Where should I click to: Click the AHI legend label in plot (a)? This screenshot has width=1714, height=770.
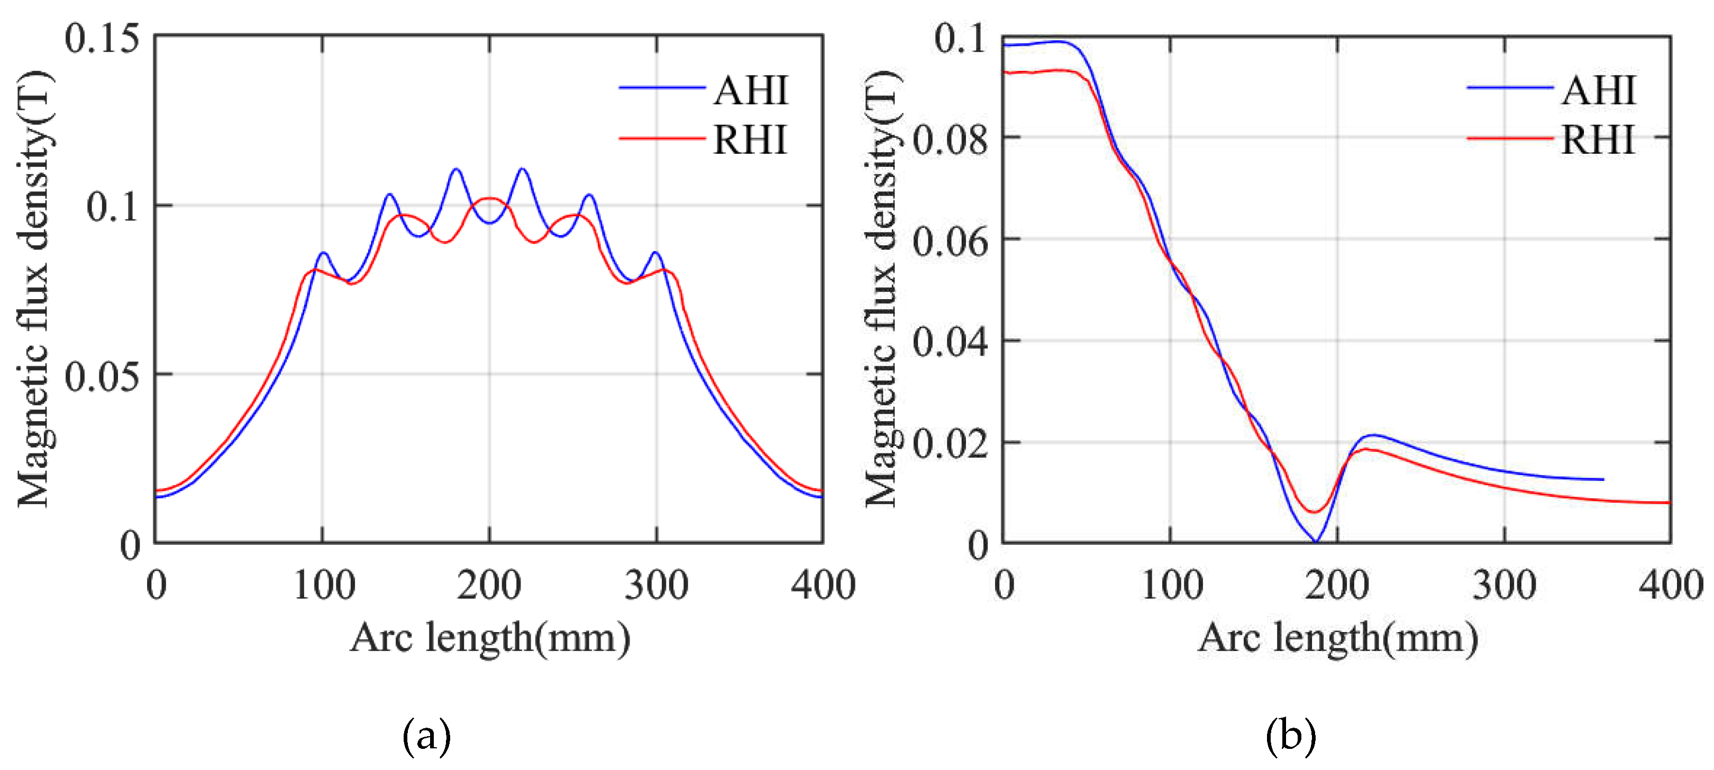751,90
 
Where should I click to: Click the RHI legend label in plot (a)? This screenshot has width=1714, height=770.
750,140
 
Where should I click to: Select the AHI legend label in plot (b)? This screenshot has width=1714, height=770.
1598,90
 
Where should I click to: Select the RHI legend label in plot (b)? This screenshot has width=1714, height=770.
1598,140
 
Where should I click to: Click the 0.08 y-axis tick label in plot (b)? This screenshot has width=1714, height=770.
950,140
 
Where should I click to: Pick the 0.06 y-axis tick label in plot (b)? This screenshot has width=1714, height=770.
950,242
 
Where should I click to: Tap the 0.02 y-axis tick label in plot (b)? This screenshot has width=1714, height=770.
950,444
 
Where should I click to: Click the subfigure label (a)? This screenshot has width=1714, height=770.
426,736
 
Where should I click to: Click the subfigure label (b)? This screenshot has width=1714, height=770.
1291,736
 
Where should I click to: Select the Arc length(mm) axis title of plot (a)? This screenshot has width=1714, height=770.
490,638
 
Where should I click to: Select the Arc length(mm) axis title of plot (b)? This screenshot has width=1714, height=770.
1337,638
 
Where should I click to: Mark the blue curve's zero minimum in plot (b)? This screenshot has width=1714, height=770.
1316,541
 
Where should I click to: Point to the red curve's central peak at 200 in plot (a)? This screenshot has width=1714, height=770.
490,198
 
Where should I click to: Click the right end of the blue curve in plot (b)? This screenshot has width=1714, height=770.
1602,479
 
